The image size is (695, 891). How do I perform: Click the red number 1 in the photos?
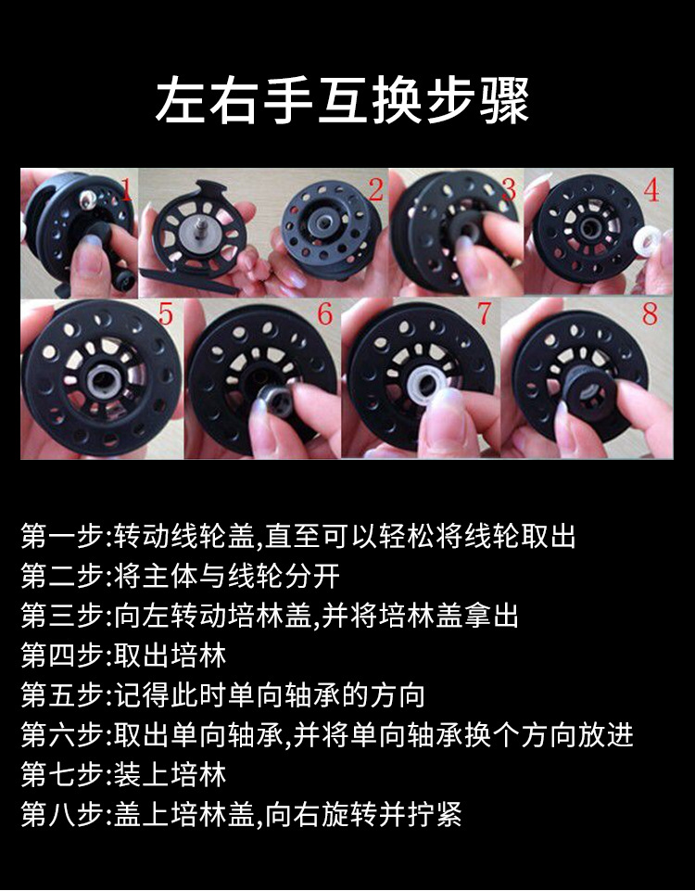tap(127, 189)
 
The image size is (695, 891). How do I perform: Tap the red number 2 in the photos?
tap(375, 189)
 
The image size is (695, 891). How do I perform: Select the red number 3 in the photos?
tap(510, 189)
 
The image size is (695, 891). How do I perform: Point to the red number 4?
tap(651, 190)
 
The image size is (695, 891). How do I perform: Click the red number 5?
tap(165, 313)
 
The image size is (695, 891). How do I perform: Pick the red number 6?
tap(324, 313)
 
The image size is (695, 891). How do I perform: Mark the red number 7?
tap(485, 313)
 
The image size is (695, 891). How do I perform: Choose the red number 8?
tap(651, 313)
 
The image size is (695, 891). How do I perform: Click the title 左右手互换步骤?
tap(342, 100)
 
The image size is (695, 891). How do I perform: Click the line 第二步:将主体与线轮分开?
tap(181, 576)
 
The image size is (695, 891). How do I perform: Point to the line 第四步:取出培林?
tap(124, 656)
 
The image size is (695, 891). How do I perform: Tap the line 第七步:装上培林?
tap(124, 774)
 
